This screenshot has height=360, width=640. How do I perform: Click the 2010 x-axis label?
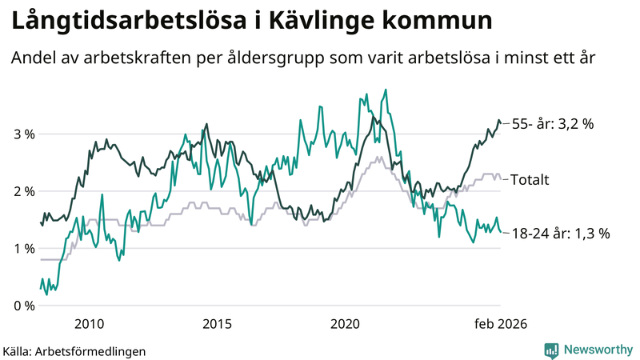89,323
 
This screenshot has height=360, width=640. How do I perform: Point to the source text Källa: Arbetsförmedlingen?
74,350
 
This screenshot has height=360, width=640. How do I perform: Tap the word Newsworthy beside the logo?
597,350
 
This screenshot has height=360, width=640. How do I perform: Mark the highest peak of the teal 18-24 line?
386,90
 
